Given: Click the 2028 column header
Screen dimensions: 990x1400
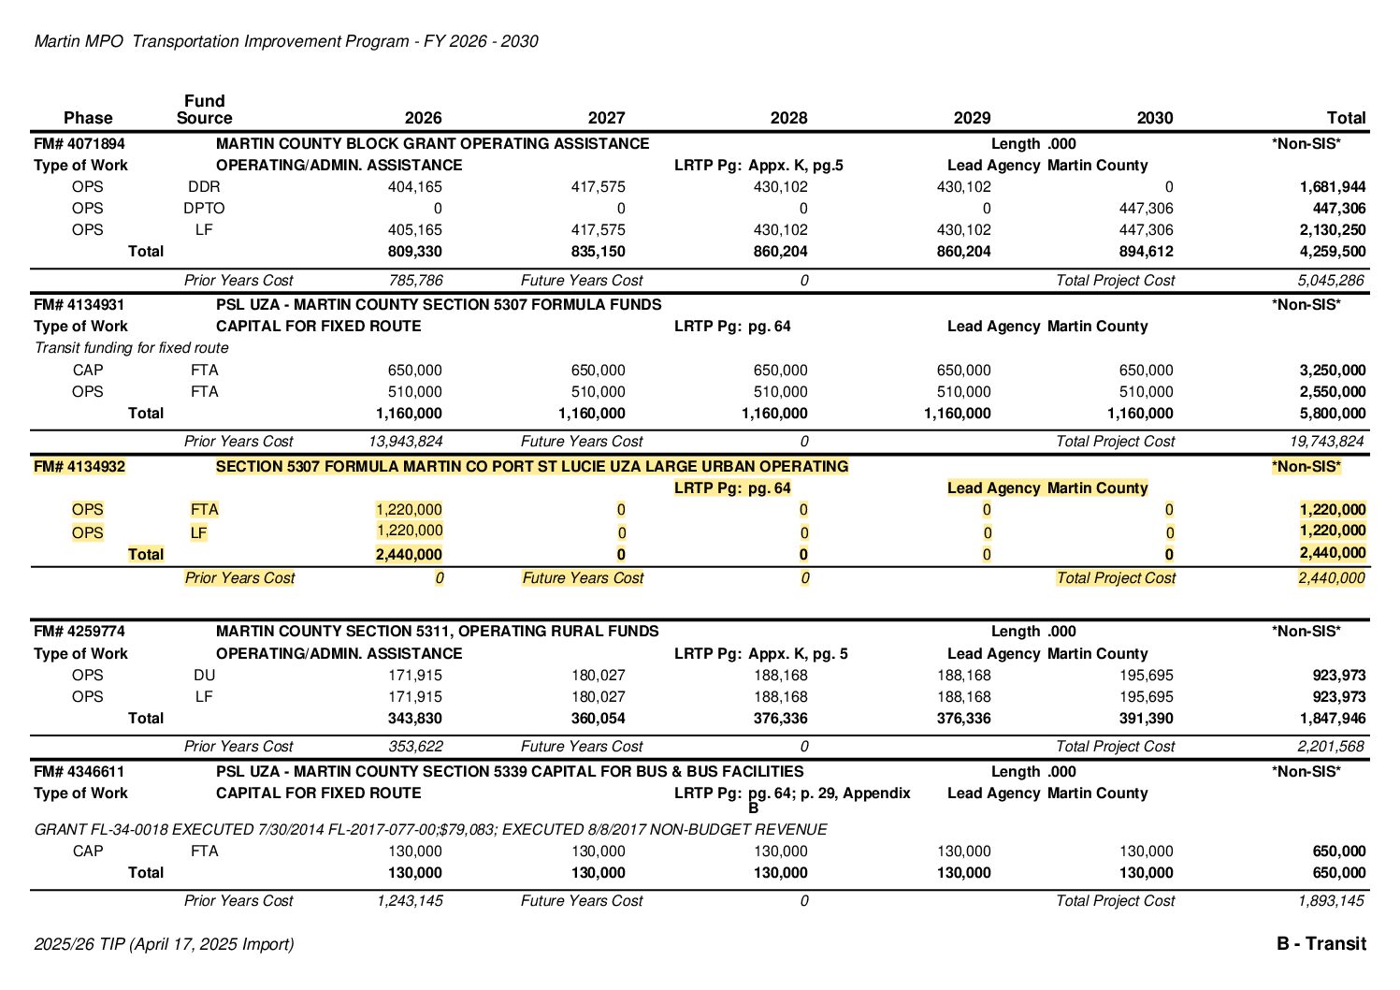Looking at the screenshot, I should pos(788,118).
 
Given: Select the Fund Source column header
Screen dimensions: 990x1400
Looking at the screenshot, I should pos(204,109).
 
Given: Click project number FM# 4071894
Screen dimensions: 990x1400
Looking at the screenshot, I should pos(79,144).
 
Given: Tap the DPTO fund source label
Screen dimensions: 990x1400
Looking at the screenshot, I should pos(204,209).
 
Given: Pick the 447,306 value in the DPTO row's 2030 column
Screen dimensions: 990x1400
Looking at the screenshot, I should pos(1146,209).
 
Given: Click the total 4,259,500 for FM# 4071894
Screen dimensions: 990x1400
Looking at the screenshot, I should pos(1332,252).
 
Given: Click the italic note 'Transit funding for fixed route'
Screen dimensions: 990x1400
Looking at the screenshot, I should pos(132,348).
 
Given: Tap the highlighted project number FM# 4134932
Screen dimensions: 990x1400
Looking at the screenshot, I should pos(79,467).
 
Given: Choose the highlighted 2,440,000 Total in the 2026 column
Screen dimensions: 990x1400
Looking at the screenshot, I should pos(409,555).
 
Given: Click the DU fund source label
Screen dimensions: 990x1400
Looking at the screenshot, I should pos(204,676).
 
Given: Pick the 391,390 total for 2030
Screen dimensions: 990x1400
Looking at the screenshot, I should pos(1146,719).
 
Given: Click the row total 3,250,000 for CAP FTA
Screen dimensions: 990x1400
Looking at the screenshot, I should pos(1332,371).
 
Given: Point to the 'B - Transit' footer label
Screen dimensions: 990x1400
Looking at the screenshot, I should pos(1321,944).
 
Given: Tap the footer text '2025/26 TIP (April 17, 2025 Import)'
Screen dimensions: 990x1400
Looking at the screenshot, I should pos(164,944).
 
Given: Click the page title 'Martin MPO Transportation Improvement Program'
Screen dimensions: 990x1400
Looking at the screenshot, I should pos(286,41).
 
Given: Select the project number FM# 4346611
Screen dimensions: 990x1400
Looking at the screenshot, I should pos(79,772).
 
